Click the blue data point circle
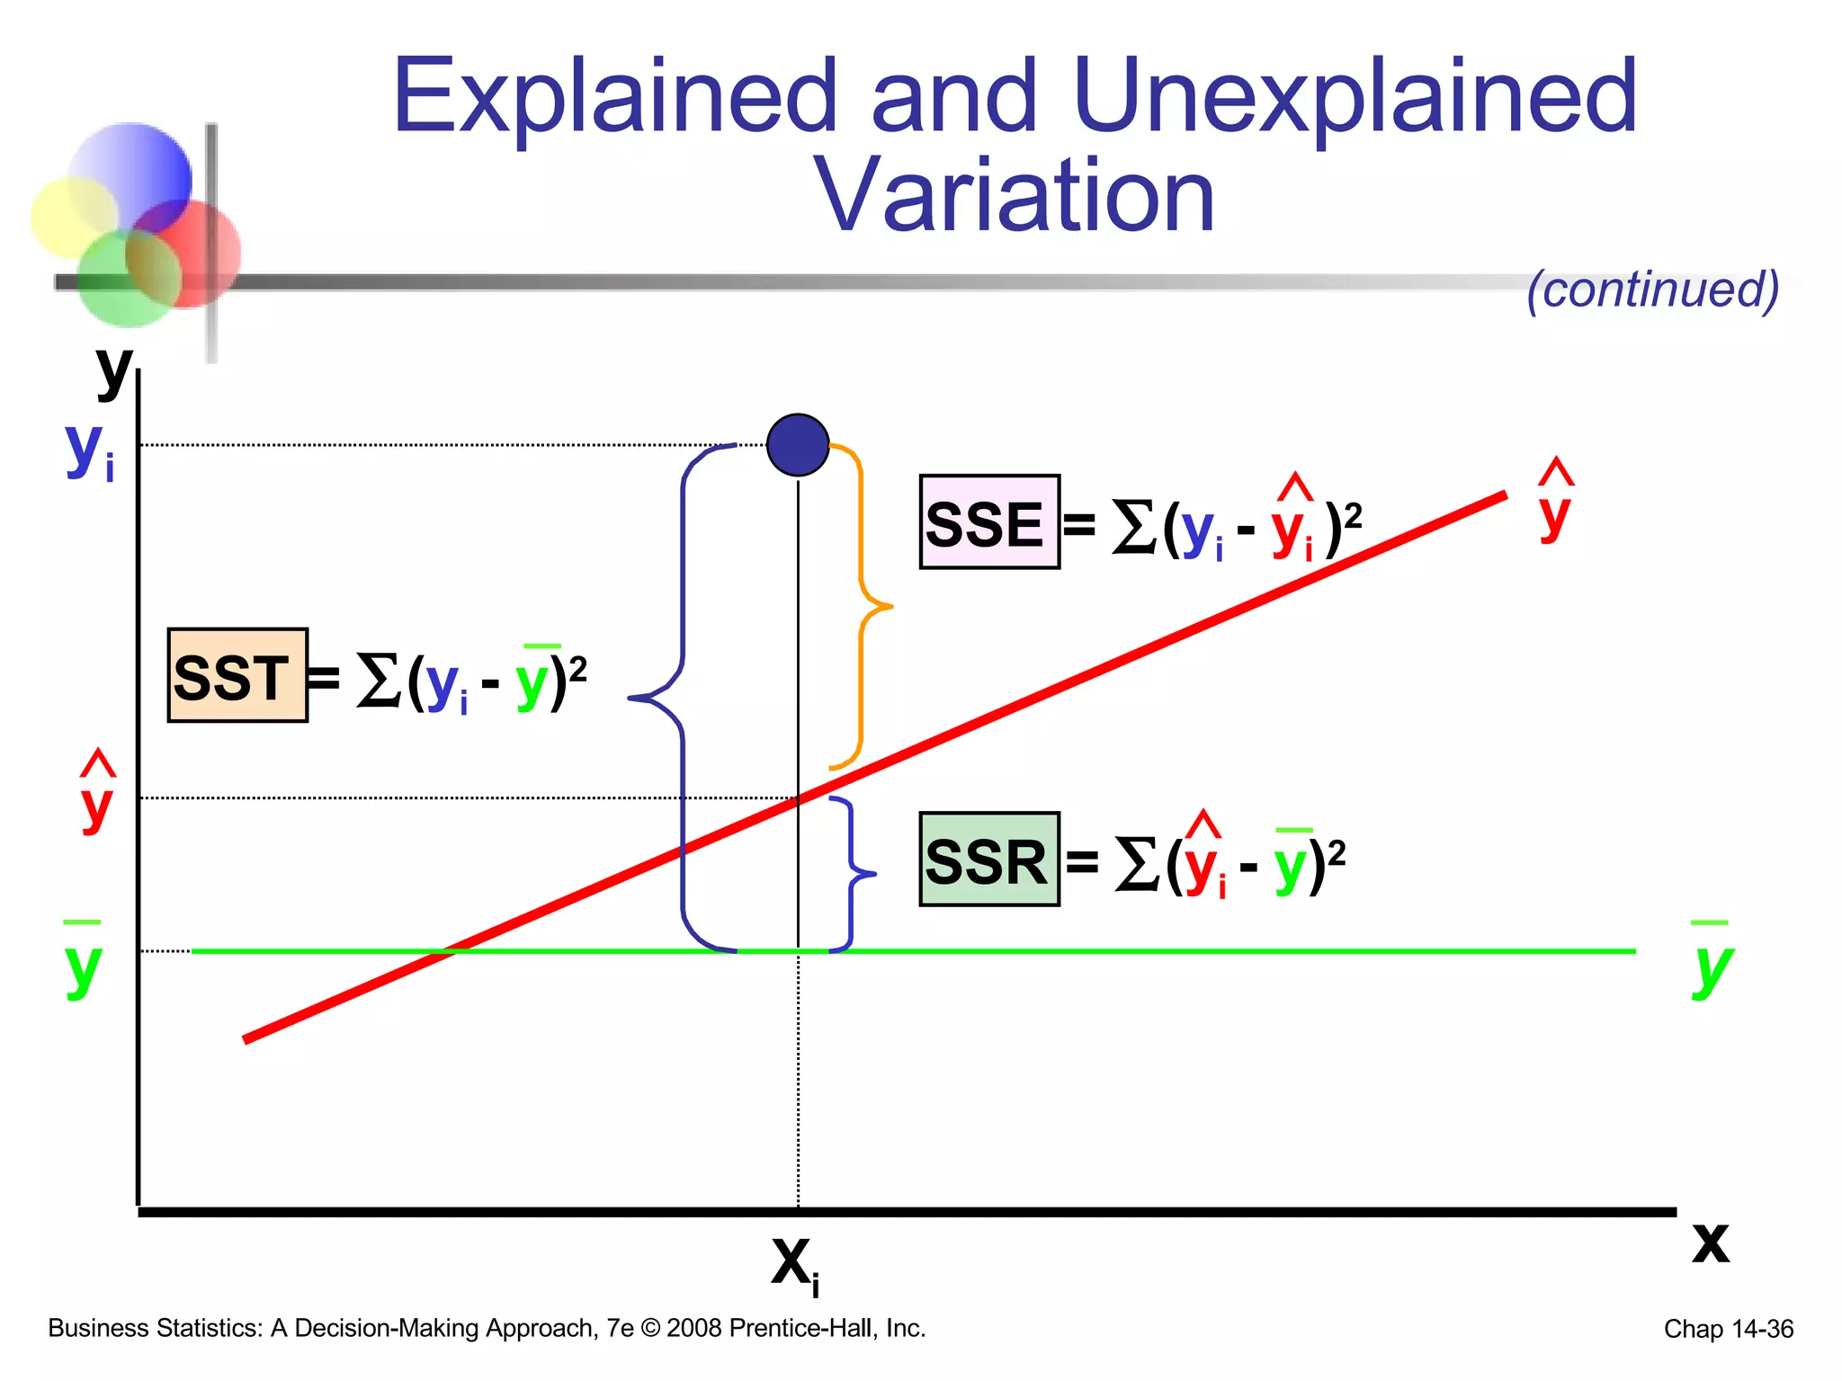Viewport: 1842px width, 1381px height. (798, 445)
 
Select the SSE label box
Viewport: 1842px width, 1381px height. (989, 522)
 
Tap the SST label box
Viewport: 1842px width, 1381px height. (237, 676)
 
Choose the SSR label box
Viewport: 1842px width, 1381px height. (989, 860)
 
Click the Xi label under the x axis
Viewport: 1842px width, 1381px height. (795, 1265)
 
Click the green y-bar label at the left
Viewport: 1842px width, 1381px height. (83, 962)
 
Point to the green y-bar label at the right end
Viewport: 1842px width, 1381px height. (1711, 962)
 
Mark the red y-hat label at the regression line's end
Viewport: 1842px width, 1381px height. (1555, 503)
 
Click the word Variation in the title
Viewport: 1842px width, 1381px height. (1014, 195)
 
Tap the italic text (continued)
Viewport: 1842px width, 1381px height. (1653, 290)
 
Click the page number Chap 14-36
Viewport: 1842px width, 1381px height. (1728, 1329)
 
